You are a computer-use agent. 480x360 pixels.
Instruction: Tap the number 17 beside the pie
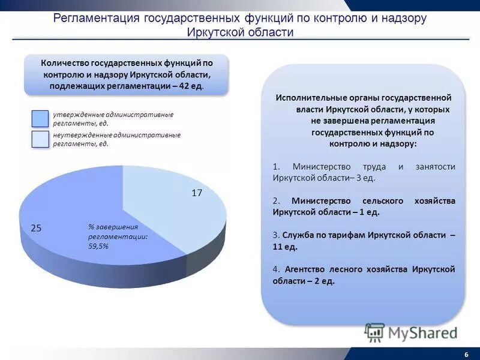(197, 193)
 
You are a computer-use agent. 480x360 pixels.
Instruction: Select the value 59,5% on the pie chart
(98, 246)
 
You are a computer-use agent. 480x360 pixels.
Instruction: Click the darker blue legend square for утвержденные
(40, 118)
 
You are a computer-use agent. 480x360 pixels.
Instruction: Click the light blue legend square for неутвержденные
(40, 139)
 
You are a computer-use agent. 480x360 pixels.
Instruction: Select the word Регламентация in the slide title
(97, 18)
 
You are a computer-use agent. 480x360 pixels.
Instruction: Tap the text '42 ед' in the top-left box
(191, 86)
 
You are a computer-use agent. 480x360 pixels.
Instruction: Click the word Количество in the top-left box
(64, 62)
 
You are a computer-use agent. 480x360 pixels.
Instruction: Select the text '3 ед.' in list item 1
(364, 178)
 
